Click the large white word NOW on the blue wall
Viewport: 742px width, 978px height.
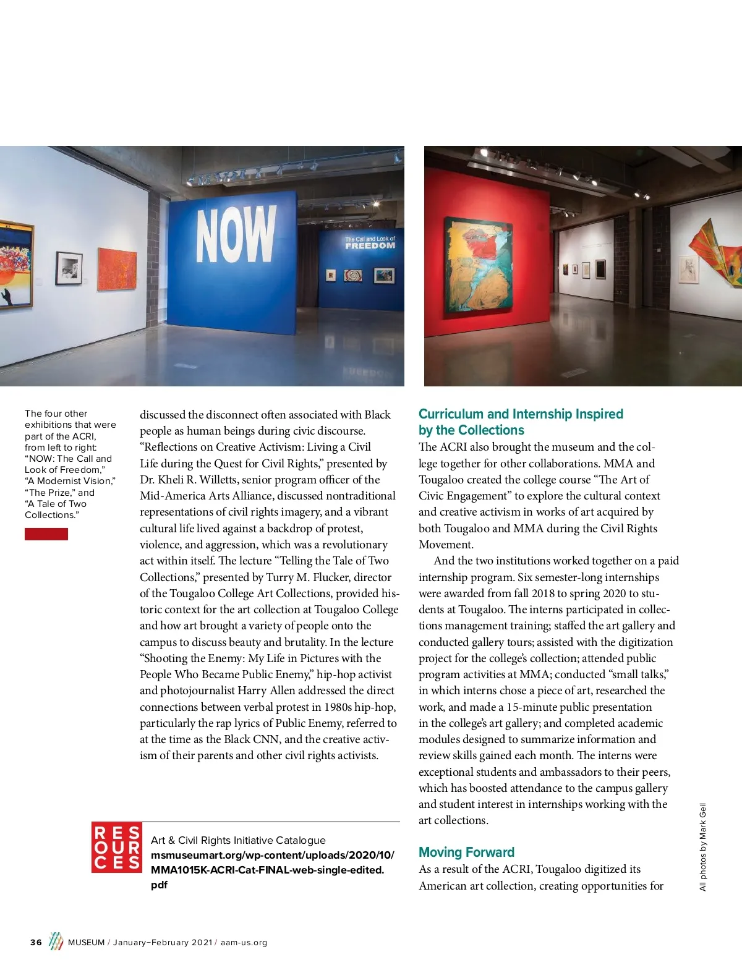236,234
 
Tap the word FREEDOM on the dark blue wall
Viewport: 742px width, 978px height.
370,246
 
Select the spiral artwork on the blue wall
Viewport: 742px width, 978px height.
353,274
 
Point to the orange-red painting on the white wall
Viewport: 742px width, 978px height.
117,269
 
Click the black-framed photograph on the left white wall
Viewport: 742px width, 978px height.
69,268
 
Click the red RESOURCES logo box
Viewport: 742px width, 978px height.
117,846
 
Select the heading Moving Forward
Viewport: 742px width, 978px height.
466,853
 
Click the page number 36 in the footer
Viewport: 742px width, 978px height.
36,943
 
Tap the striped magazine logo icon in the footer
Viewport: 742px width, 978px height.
56,941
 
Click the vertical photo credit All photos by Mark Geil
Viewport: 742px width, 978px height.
702,847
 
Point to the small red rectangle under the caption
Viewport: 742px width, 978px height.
46,534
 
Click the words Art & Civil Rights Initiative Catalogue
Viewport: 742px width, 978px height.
238,840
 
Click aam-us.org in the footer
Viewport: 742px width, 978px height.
244,943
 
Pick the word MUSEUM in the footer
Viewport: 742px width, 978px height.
86,943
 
